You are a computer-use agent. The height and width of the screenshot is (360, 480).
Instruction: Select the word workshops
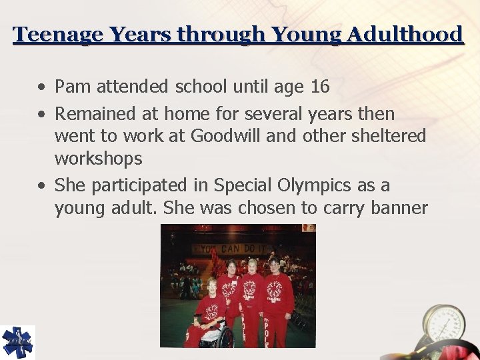tap(98, 159)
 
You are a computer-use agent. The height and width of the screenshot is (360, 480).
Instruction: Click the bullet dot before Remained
tap(42, 115)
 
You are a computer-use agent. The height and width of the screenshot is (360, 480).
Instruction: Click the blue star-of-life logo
tap(17, 343)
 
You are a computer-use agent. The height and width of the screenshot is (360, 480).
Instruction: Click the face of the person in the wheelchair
tap(212, 285)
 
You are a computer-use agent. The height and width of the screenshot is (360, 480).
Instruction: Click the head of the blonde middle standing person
tap(253, 265)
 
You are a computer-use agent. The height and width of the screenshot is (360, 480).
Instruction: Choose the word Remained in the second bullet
tap(93, 114)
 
